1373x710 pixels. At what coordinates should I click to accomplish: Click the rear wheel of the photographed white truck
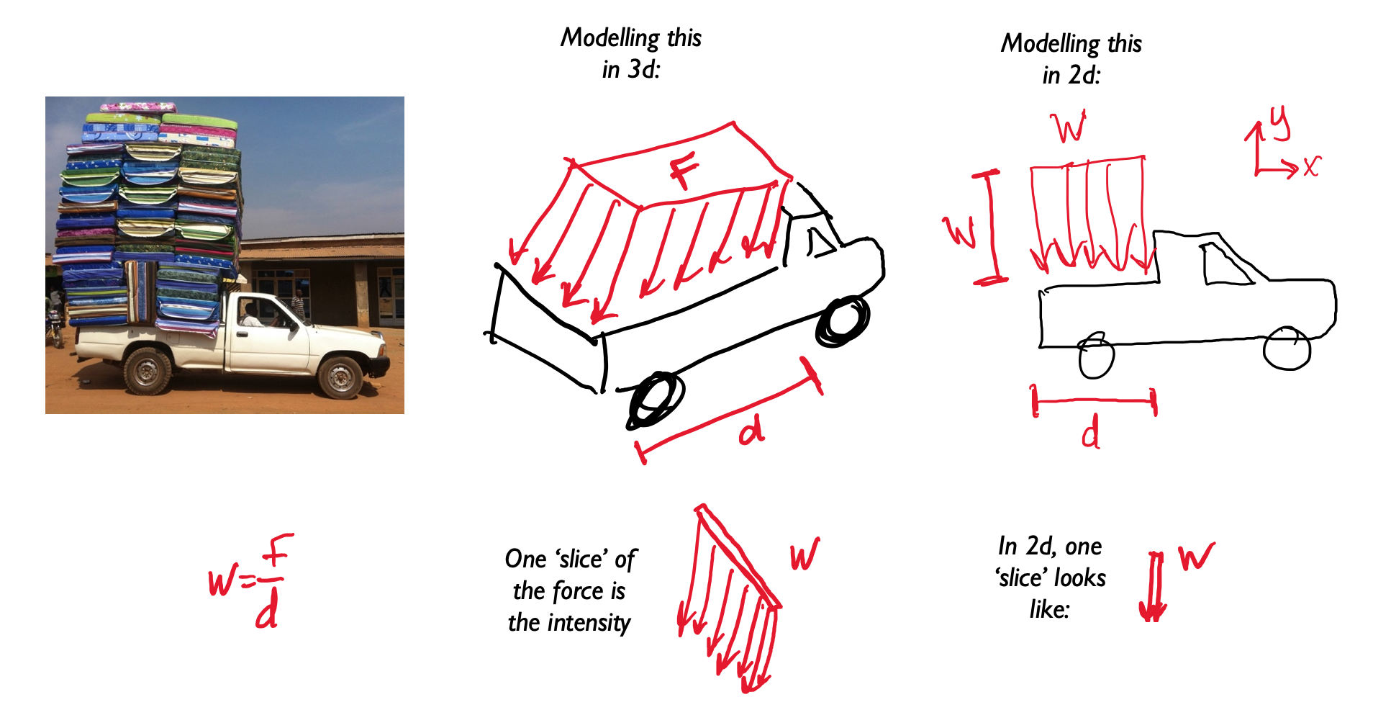pos(148,371)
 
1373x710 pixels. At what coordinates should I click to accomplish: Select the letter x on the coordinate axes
pos(1311,167)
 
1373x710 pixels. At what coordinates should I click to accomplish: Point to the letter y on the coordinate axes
pos(1280,122)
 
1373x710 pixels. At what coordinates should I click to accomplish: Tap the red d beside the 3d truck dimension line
pos(752,431)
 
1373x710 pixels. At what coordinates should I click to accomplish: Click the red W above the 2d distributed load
pos(1070,128)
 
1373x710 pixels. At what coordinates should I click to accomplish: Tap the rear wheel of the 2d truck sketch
pos(1097,356)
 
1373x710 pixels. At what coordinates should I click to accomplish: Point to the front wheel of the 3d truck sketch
pos(843,320)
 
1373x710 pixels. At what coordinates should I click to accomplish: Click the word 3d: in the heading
pos(643,69)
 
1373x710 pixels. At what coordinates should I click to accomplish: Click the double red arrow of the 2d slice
pos(1154,587)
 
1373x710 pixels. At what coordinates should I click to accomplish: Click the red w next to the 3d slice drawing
pos(805,554)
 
